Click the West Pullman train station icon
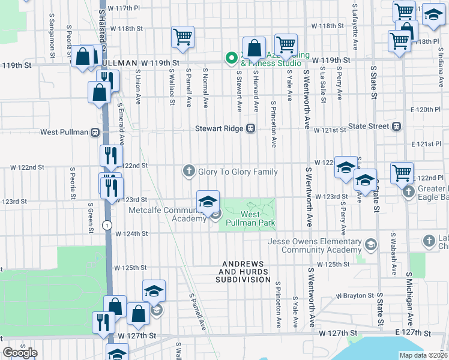pos(95,132)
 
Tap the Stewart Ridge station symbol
pos(251,128)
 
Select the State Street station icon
pos(396,126)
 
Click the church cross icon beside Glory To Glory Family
pos(188,172)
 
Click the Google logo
pos(20,352)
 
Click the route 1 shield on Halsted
pos(106,224)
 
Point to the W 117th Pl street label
pos(124,8)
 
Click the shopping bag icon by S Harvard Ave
pos(255,48)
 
